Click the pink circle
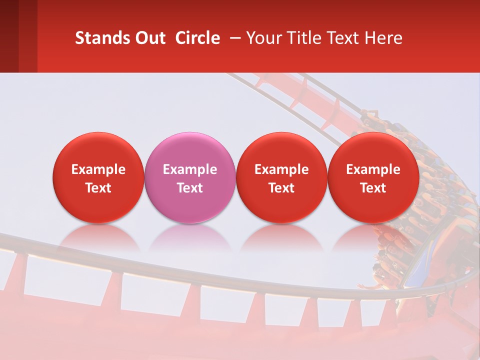click(x=190, y=177)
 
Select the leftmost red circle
click(x=98, y=177)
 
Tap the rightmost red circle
click(x=373, y=177)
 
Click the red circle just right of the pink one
click(x=281, y=177)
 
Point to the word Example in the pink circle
click(x=190, y=169)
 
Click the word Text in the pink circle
click(x=190, y=188)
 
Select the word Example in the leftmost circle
click(x=98, y=169)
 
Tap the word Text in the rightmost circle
click(x=373, y=188)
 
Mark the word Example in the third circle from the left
click(x=281, y=169)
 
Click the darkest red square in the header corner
click(x=9, y=36)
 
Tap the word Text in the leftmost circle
click(x=98, y=188)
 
